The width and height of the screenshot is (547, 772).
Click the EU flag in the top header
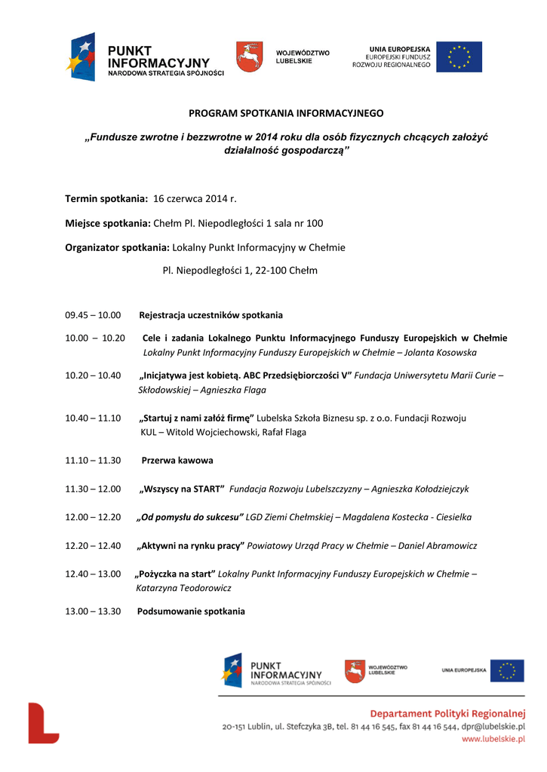[x=459, y=57]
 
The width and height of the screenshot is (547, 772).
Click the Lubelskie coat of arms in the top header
[x=250, y=57]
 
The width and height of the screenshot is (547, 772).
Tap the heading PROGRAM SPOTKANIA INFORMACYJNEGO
[x=286, y=113]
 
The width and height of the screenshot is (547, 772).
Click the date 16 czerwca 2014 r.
[x=195, y=198]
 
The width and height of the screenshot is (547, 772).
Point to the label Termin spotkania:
[x=106, y=198]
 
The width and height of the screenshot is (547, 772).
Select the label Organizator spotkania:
[x=117, y=247]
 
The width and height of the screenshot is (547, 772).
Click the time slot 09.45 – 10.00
[x=93, y=315]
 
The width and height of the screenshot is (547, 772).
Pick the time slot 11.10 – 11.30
[x=93, y=460]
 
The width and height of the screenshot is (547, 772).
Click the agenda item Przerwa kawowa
[x=177, y=460]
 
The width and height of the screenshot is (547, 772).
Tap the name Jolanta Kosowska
[x=441, y=352]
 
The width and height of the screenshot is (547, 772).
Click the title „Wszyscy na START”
[x=182, y=489]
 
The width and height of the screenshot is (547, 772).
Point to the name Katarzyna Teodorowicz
[x=183, y=587]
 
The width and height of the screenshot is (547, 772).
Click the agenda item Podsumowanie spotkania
[x=191, y=611]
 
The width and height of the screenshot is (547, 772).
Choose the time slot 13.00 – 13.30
[x=93, y=611]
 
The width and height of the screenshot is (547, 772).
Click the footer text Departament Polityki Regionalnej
[x=447, y=713]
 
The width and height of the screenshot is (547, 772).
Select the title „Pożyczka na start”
[x=175, y=574]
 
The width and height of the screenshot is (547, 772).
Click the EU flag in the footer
[x=506, y=670]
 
